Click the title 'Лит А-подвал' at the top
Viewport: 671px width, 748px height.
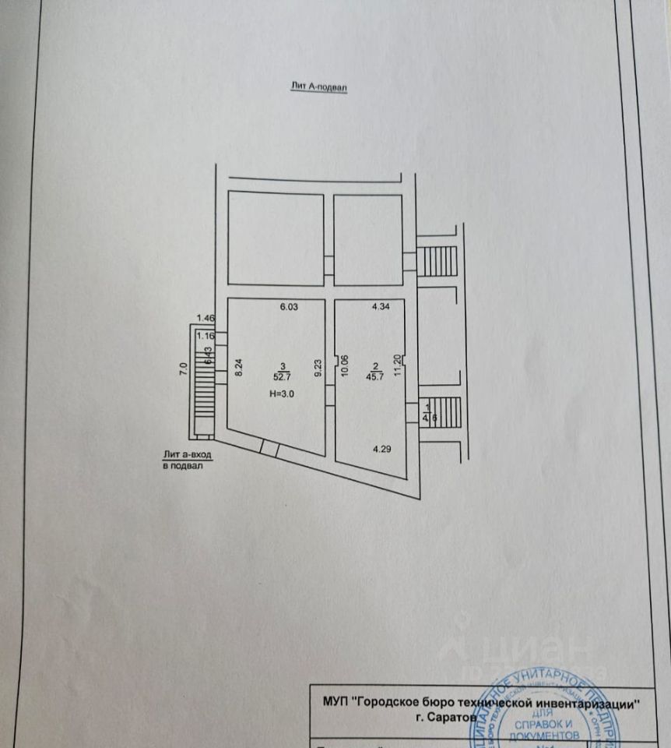[x=316, y=89]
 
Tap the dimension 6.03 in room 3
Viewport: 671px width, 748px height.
[x=289, y=307]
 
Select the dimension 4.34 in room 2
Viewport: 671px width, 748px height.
[x=381, y=307]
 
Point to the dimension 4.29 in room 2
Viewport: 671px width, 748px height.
[x=381, y=449]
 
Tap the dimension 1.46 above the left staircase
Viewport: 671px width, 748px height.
[x=206, y=317]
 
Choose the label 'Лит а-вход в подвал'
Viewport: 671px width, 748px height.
[x=187, y=459]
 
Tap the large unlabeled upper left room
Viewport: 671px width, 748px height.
[x=276, y=239]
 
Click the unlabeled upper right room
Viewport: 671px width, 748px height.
[x=368, y=239]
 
